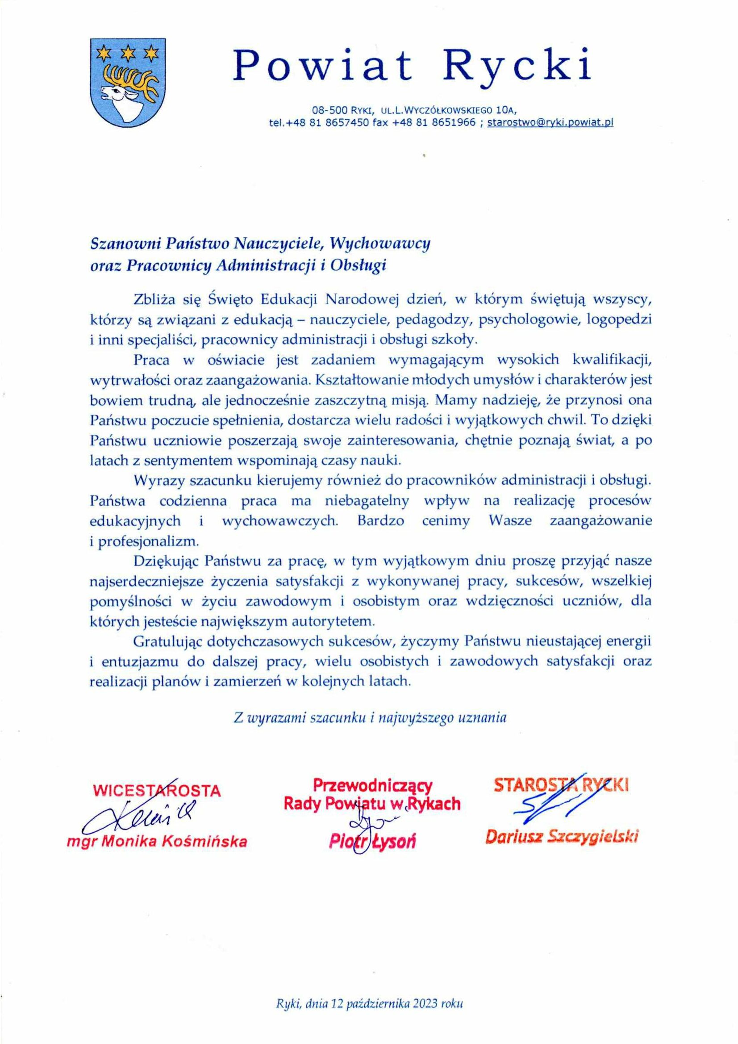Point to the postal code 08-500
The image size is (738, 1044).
[329, 109]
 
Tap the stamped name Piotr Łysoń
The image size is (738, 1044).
[372, 842]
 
